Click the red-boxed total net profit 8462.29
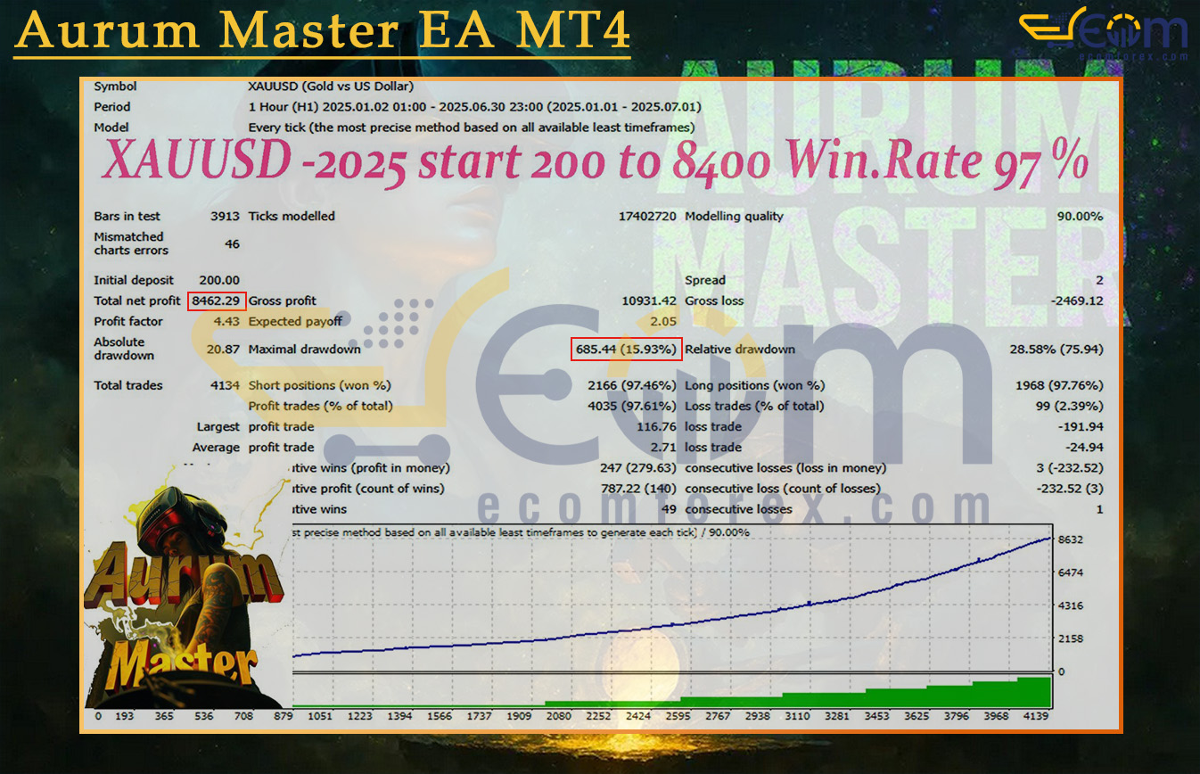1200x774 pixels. click(217, 301)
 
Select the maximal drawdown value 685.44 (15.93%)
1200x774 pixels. click(626, 350)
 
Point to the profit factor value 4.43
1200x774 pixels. click(226, 322)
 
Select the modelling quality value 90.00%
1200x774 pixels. click(1080, 217)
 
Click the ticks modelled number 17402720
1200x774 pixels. click(646, 217)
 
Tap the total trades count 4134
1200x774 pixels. click(225, 386)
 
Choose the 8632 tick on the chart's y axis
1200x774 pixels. click(1070, 539)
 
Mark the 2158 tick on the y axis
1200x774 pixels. click(1070, 639)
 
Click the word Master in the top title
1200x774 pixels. click(308, 32)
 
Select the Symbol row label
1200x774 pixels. click(116, 86)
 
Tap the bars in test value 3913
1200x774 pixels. click(225, 217)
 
